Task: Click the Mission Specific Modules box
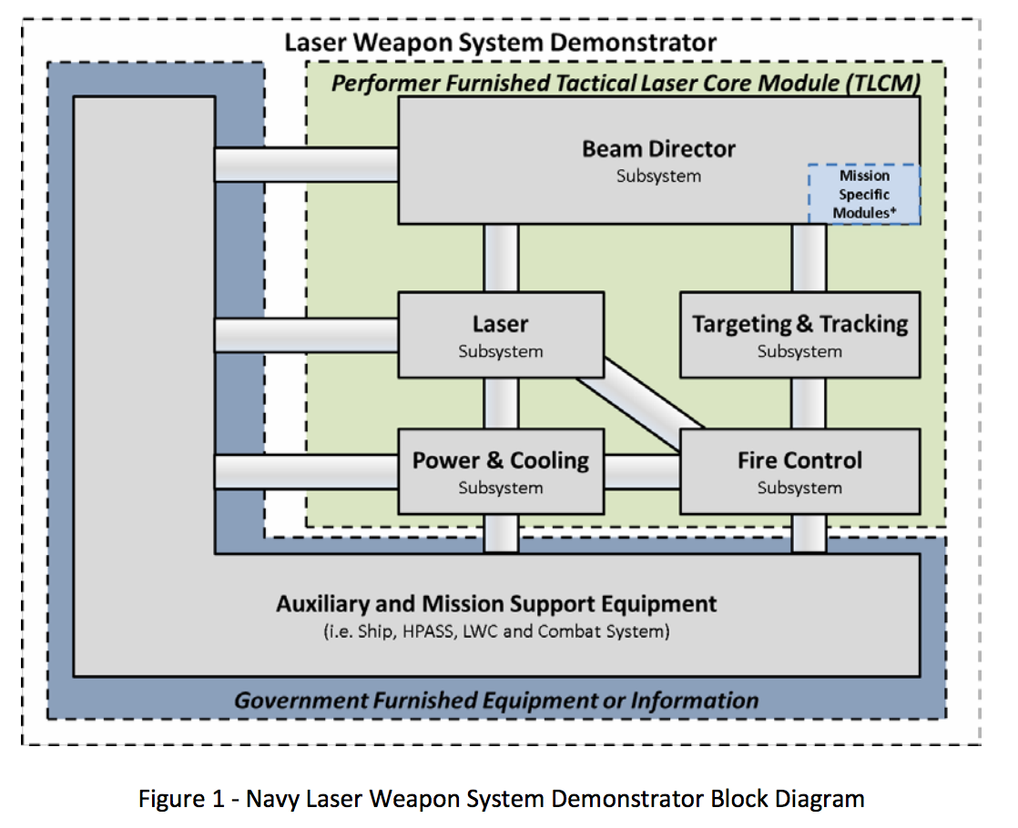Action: coord(864,194)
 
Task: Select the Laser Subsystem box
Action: coord(501,335)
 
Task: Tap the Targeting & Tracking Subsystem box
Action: coord(800,335)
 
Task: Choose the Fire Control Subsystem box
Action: coord(800,470)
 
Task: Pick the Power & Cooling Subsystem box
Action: coord(501,470)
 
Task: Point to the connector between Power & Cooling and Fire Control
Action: coord(642,470)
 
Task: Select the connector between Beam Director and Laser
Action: coord(501,257)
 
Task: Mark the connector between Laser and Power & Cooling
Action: coord(501,403)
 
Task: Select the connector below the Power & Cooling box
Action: coord(501,533)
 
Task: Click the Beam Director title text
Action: coord(658,148)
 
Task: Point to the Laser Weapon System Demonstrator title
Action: coord(500,43)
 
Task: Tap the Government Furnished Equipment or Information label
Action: coord(496,700)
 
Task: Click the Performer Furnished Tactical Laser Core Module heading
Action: coord(626,84)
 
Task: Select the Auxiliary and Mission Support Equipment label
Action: coord(496,603)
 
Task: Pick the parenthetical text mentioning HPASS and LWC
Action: coord(496,631)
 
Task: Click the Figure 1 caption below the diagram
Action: coord(501,799)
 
